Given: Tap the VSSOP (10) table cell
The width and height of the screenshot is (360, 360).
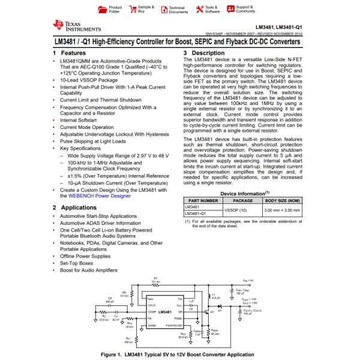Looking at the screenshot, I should tap(236, 211).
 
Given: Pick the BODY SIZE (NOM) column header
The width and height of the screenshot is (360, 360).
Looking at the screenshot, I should tap(283, 200).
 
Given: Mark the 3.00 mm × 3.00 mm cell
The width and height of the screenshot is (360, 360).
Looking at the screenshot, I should tap(283, 211).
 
